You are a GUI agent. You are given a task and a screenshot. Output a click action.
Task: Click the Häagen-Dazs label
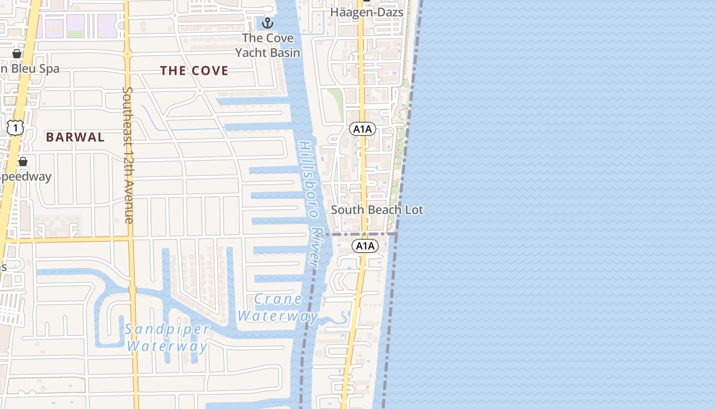(x=367, y=12)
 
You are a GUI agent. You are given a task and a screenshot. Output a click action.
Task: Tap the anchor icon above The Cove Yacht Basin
(x=267, y=23)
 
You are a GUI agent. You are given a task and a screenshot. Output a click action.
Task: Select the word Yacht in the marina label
(x=268, y=52)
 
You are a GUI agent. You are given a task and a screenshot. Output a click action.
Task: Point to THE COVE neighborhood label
(x=194, y=71)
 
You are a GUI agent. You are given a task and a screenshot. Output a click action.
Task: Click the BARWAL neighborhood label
(x=75, y=137)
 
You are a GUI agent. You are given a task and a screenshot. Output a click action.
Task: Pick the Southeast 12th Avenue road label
(x=128, y=154)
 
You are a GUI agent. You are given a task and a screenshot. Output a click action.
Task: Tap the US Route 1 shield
(x=15, y=127)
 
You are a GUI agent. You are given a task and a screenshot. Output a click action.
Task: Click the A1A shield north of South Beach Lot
(x=363, y=129)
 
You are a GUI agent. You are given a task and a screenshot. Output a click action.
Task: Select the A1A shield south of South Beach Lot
(x=365, y=246)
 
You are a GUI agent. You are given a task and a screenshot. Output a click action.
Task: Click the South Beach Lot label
(x=377, y=210)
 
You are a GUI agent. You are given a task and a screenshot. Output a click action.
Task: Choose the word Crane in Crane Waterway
(x=278, y=299)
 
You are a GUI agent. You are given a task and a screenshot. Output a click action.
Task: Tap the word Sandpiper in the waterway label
(x=167, y=329)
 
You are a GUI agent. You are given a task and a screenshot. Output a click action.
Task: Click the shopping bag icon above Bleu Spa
(x=17, y=53)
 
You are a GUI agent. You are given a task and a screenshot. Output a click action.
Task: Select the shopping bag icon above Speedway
(x=22, y=162)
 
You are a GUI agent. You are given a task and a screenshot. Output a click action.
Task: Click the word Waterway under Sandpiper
(x=167, y=347)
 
